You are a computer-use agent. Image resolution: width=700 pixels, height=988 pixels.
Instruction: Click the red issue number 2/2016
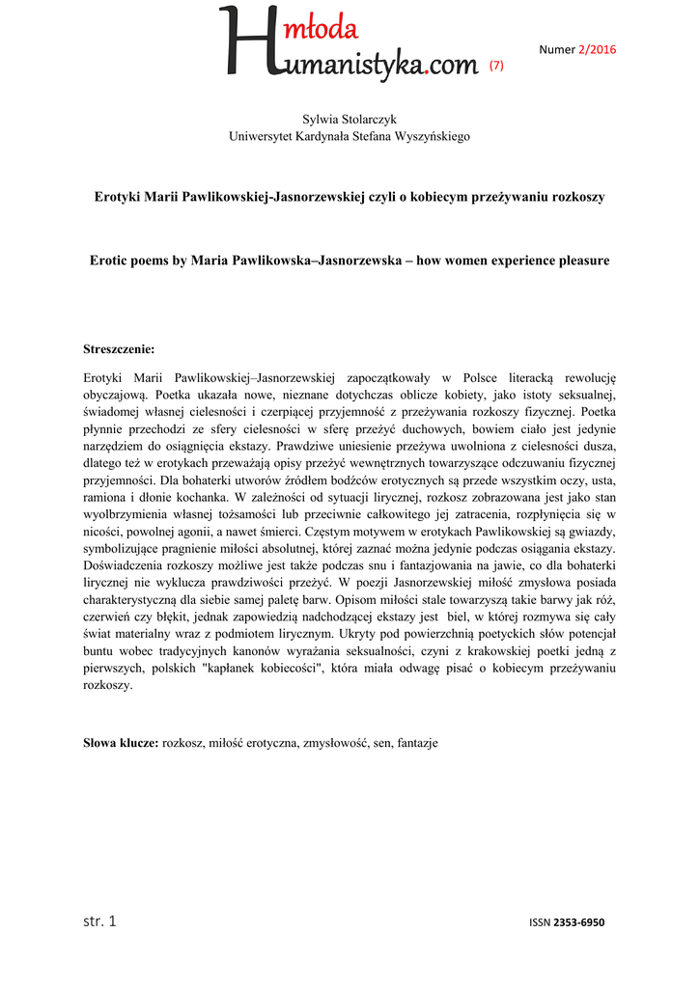[597, 49]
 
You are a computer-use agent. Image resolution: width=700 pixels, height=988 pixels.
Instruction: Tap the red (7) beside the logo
[496, 66]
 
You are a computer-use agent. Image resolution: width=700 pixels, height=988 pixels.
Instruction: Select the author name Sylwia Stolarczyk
[350, 119]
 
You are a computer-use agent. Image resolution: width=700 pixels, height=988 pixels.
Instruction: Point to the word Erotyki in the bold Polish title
[117, 197]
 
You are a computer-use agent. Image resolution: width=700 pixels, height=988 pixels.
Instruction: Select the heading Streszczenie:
[120, 349]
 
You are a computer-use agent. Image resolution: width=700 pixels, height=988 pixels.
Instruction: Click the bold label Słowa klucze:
[122, 743]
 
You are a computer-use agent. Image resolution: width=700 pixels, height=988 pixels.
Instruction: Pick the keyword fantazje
[417, 743]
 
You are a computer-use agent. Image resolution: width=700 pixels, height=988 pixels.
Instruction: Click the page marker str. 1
[99, 920]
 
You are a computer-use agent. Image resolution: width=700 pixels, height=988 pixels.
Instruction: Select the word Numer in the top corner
[556, 49]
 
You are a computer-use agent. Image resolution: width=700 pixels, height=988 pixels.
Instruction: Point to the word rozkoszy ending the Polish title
[576, 197]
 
